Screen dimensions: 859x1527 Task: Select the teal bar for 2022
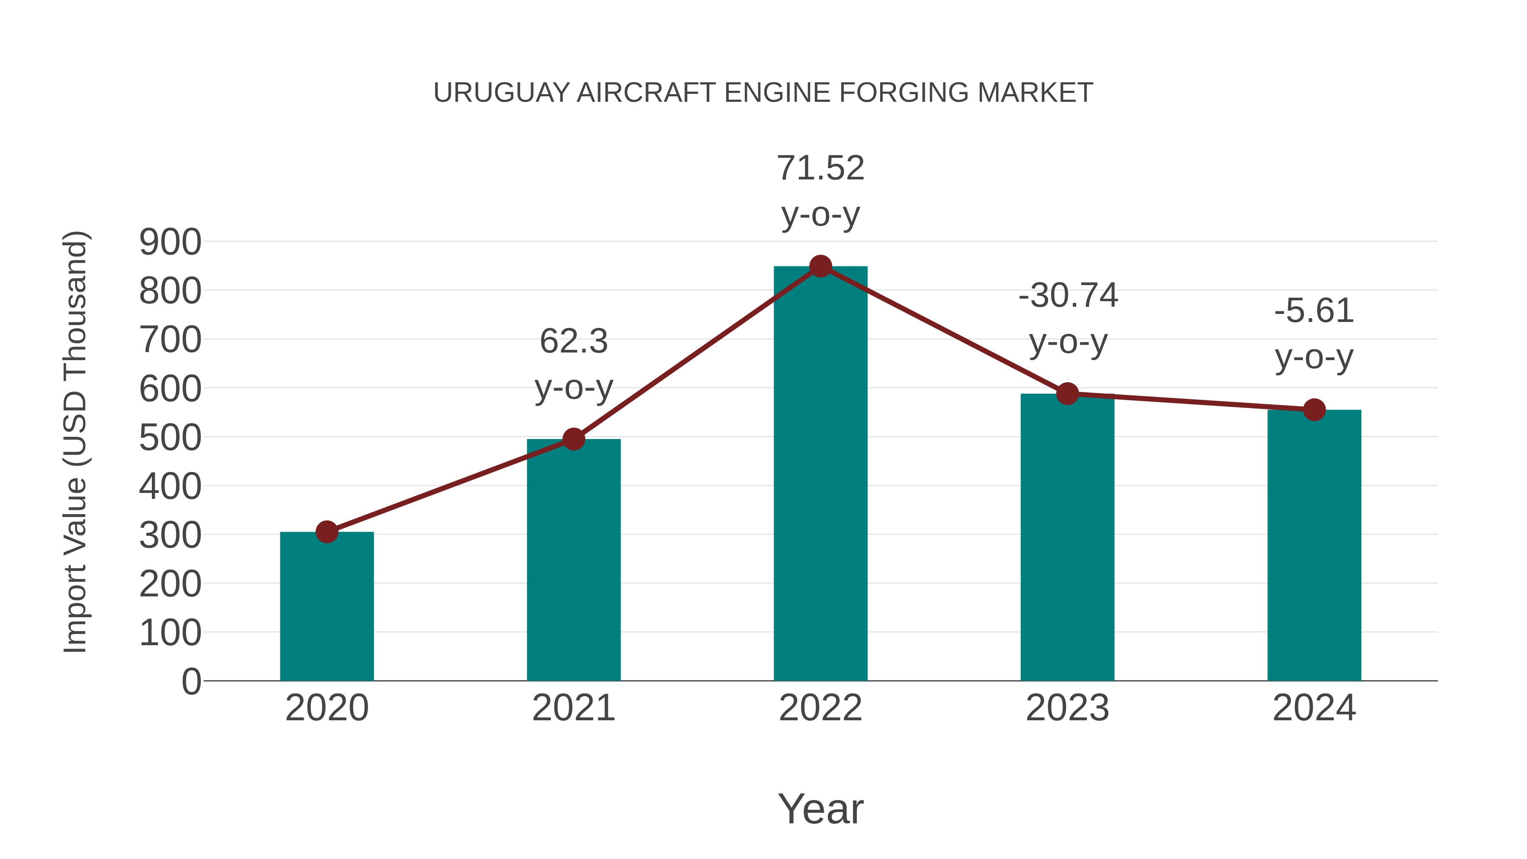[820, 474]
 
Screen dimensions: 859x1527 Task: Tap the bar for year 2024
[1314, 546]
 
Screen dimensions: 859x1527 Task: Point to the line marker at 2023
[1068, 393]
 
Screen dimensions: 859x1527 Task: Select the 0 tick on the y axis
[191, 681]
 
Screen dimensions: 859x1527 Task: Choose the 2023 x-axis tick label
[1068, 708]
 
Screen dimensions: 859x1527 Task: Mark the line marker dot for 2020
[327, 532]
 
